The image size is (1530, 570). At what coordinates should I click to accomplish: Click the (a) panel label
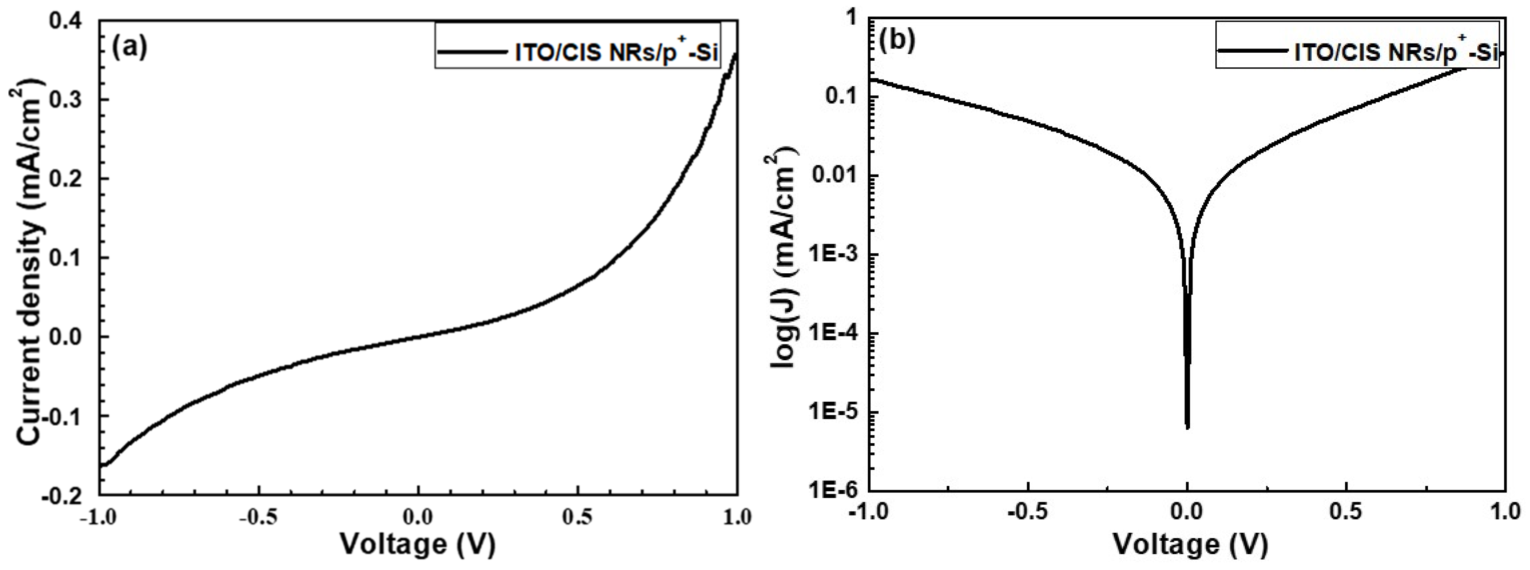click(x=129, y=48)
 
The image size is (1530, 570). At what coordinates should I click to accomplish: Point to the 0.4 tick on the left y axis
click(x=71, y=21)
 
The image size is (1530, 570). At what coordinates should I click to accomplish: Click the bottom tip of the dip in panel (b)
click(x=1187, y=427)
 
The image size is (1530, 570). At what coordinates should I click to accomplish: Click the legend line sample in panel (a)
click(x=471, y=53)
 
